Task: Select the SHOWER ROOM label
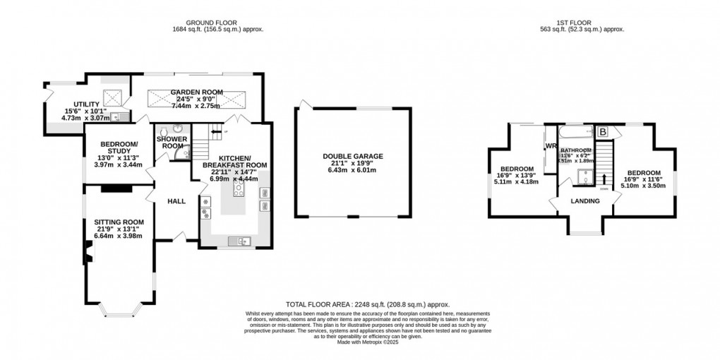click(172, 142)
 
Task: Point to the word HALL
click(176, 201)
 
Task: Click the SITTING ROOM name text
click(120, 222)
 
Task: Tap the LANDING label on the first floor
click(585, 201)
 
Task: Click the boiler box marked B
click(603, 131)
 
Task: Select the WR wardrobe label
click(550, 146)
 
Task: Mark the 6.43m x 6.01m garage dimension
click(352, 170)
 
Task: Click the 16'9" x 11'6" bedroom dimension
click(643, 180)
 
